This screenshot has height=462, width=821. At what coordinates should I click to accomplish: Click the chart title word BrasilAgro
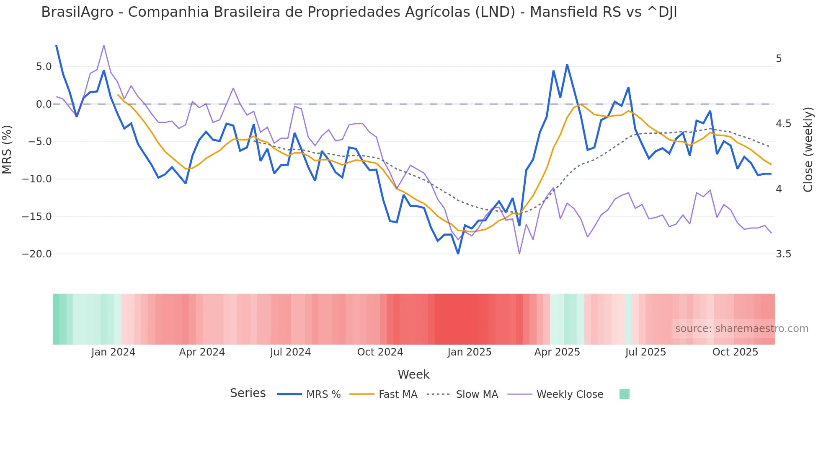pos(77,12)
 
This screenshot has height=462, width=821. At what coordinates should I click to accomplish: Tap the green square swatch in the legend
pos(624,394)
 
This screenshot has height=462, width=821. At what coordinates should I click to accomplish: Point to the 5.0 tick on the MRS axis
pos(44,67)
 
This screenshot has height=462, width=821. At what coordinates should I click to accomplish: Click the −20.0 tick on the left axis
pos(37,254)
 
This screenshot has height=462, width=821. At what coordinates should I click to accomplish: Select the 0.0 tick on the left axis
pos(44,104)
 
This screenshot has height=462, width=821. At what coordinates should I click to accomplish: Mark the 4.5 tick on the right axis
pos(783,124)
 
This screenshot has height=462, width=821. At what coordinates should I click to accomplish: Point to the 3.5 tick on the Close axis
pos(783,254)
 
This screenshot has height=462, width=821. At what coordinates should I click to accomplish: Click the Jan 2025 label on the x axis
pos(469,352)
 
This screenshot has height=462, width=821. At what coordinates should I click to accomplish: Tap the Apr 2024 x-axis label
pos(202,352)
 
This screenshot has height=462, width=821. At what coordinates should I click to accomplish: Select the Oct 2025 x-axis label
pos(735,352)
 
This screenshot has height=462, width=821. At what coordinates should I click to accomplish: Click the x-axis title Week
pos(413,374)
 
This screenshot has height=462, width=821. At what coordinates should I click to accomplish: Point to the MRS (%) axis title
pos(7,149)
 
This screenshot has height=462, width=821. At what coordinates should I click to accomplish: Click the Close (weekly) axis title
pos(808,150)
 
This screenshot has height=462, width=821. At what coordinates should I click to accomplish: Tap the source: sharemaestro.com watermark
pos(741,329)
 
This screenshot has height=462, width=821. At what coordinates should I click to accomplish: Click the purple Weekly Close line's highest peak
pos(104,45)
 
